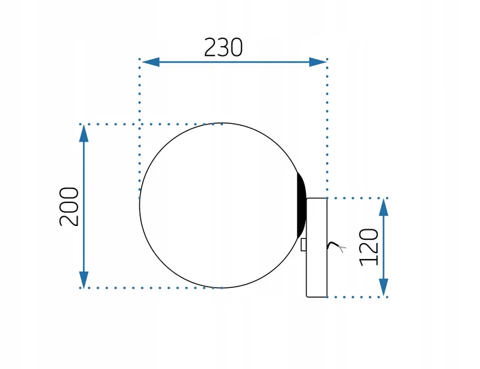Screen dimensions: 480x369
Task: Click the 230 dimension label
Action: [x=223, y=47]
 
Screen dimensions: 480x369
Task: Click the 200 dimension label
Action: [x=69, y=206]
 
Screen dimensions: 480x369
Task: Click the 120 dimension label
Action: [x=369, y=247]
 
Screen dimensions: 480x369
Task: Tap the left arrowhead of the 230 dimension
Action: [x=151, y=62]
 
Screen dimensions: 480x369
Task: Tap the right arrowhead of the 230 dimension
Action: [x=318, y=62]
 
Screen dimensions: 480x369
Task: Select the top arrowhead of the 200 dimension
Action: [x=84, y=133]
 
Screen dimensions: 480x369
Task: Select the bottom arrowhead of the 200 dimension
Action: [x=84, y=280]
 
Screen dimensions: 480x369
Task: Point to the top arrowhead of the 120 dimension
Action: [x=383, y=208]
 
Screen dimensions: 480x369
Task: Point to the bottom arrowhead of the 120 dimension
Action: [x=383, y=287]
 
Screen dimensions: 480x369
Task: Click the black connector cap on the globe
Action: [x=302, y=206]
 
